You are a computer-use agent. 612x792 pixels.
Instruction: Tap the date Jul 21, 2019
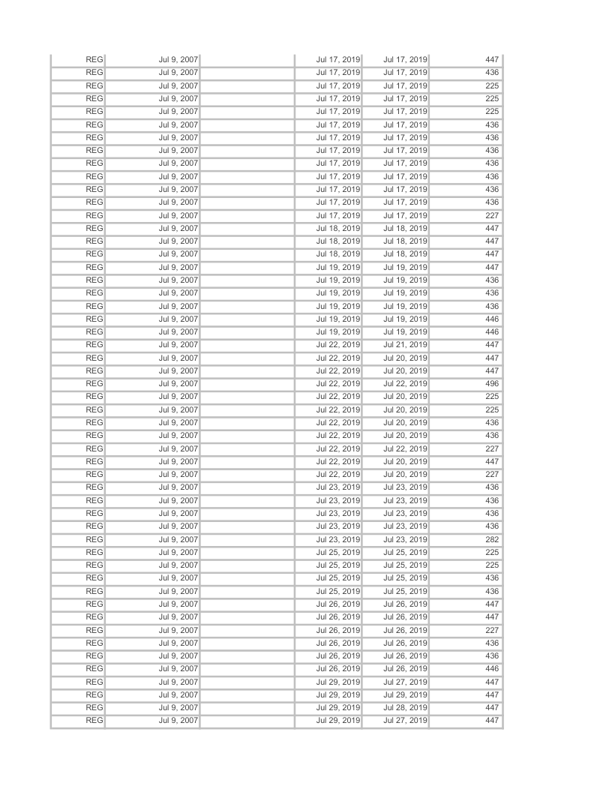(x=405, y=344)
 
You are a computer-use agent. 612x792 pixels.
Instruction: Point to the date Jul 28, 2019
(x=405, y=708)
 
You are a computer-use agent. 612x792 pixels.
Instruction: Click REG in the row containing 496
(x=94, y=383)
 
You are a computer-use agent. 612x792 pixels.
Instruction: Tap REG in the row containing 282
(x=94, y=539)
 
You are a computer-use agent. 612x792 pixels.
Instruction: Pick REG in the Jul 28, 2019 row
(x=94, y=708)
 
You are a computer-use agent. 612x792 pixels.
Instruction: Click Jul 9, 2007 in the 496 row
(x=178, y=383)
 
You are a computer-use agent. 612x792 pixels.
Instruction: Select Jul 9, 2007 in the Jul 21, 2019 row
(x=178, y=344)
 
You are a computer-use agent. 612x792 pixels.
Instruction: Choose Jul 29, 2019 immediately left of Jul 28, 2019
(x=338, y=708)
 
